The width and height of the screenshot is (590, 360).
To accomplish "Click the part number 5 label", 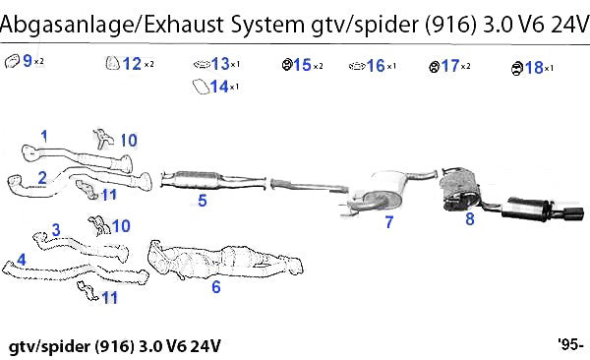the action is [x=203, y=201].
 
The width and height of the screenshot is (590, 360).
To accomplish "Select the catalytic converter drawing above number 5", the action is [x=213, y=180].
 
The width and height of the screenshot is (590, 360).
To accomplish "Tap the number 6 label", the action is [x=216, y=287].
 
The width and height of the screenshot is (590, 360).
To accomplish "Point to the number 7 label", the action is [x=389, y=221].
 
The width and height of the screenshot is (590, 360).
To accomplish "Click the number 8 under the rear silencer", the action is [x=470, y=218].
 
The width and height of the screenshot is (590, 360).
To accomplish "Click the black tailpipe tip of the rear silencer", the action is [x=573, y=212].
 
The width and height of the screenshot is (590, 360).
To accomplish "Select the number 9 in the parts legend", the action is [x=28, y=60].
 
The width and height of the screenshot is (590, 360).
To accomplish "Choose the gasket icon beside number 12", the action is [x=112, y=63].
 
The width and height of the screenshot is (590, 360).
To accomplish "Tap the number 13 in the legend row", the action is [x=220, y=64].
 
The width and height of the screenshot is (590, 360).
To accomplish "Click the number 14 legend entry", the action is [x=219, y=87].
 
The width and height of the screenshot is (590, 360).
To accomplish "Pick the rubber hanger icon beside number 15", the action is [x=287, y=65].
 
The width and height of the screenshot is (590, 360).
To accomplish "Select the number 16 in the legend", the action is [x=376, y=66].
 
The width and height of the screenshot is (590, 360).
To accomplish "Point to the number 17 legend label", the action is [x=450, y=66].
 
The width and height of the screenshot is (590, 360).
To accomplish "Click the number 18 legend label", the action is [x=534, y=68].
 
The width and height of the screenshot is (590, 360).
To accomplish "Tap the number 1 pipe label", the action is [x=44, y=136].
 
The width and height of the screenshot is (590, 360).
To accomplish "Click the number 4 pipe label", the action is [x=22, y=260].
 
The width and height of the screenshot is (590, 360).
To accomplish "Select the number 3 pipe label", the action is [x=56, y=230].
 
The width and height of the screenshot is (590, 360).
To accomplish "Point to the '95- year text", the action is [x=571, y=344].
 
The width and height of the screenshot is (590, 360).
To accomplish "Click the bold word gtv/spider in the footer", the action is [x=50, y=346].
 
